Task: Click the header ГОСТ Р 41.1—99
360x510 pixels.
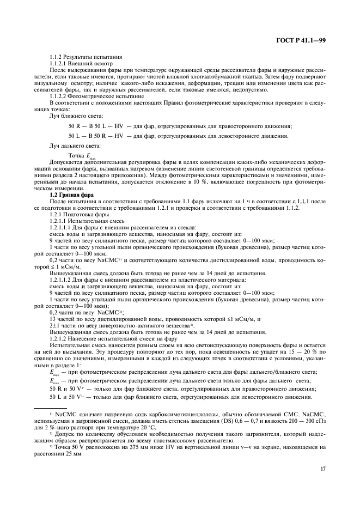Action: click(x=300, y=39)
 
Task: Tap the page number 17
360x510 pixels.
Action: click(x=322, y=466)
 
